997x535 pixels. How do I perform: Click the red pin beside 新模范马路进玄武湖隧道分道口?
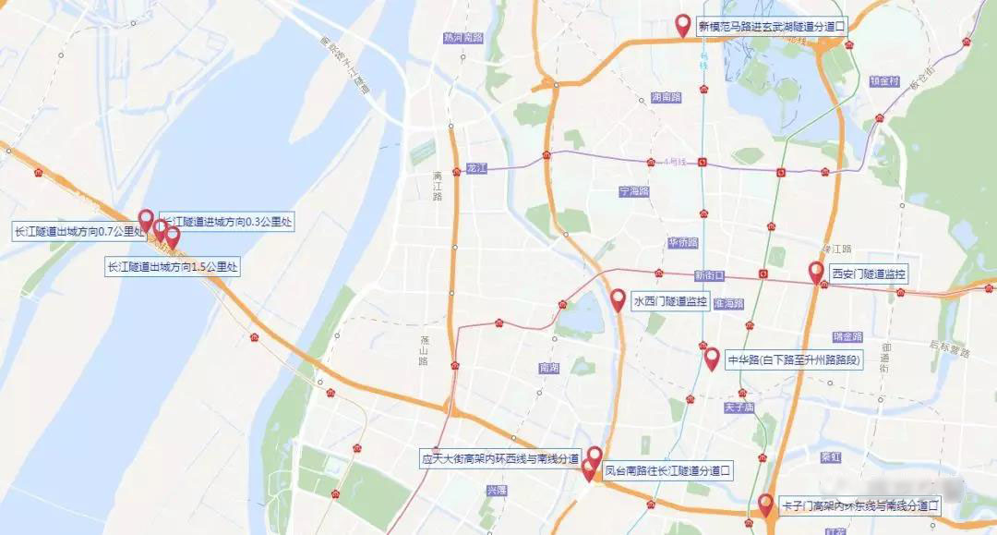click(683, 25)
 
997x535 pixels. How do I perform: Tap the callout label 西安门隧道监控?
click(869, 274)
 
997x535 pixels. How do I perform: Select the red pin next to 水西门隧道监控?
click(618, 299)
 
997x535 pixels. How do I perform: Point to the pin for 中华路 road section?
click(711, 359)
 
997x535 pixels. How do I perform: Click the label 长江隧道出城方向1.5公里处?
click(173, 267)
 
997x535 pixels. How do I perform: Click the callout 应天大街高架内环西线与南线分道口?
click(499, 458)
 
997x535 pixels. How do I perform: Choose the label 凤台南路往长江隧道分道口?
click(667, 470)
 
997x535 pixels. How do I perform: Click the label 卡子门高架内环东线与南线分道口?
click(859, 505)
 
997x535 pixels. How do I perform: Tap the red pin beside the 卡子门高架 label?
click(765, 504)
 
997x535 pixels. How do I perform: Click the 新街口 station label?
click(710, 275)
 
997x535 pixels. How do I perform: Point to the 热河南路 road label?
click(462, 38)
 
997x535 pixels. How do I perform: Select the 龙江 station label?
click(475, 169)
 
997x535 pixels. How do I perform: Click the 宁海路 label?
click(634, 191)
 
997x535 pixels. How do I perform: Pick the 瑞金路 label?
click(847, 336)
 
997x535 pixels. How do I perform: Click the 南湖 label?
click(548, 368)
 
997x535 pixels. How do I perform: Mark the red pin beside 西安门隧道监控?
click(816, 272)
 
